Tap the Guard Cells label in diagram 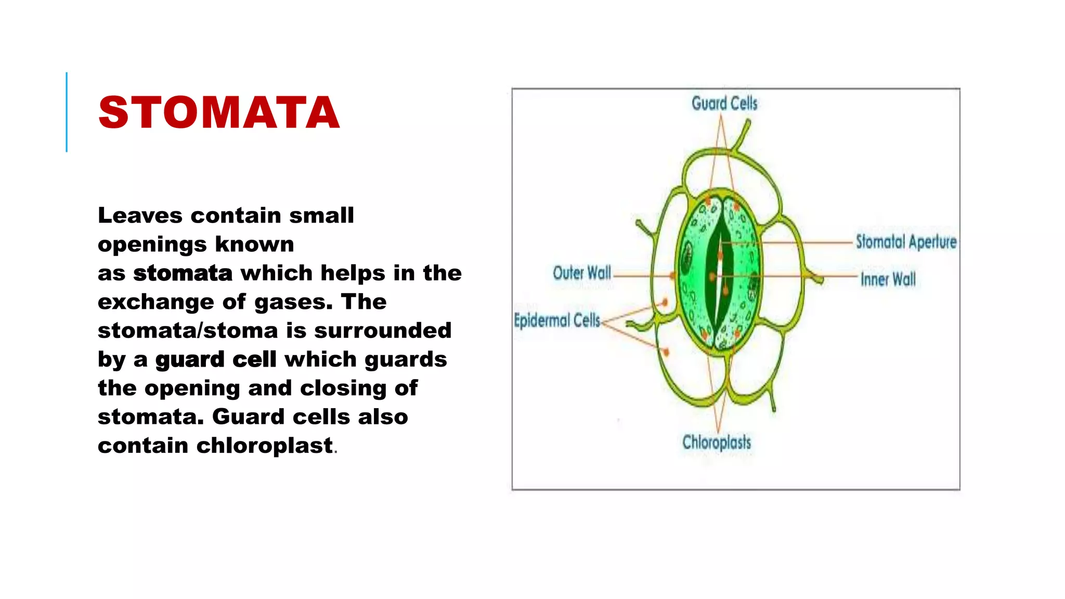coord(724,103)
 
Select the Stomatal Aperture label coord(906,242)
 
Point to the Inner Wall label coord(888,279)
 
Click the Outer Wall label coord(581,273)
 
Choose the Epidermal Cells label coord(557,320)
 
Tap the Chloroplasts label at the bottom coord(717,442)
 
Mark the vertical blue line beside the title coord(67,112)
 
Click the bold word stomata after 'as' coord(183,273)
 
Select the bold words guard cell coord(216,359)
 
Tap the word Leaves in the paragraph coord(140,215)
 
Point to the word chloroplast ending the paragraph coord(264,446)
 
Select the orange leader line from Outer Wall coord(642,276)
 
